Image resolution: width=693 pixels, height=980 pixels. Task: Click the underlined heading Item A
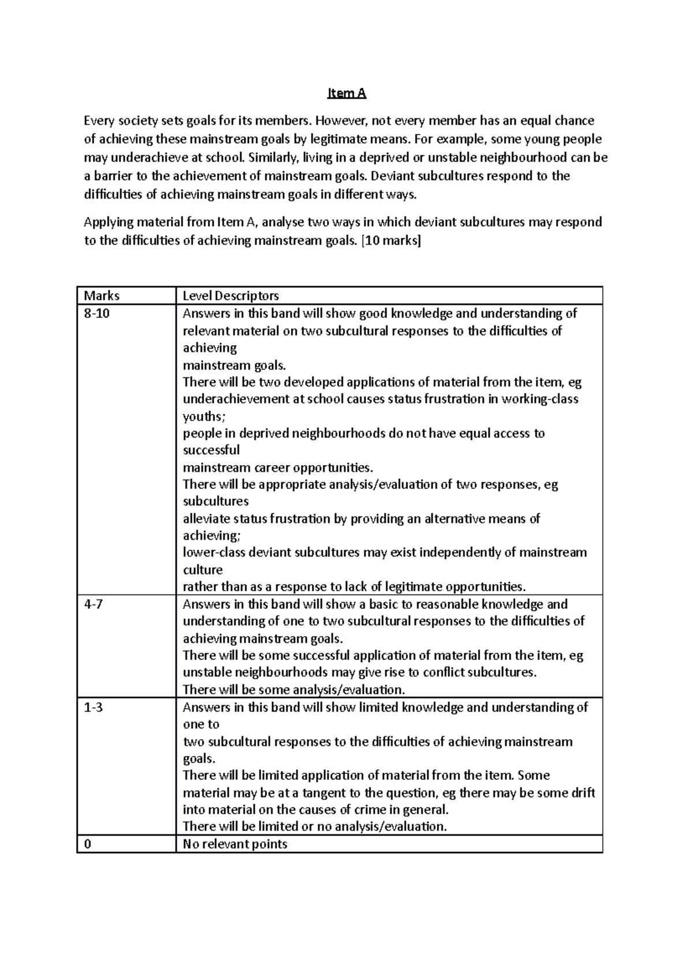click(x=346, y=93)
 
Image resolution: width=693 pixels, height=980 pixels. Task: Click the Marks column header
click(x=102, y=296)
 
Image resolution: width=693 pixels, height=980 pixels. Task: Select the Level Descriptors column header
click(x=230, y=296)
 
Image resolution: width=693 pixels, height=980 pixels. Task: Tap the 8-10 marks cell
click(x=96, y=313)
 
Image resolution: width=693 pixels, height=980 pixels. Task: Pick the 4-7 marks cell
click(x=94, y=604)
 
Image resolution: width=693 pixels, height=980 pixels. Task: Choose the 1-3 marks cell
click(x=94, y=707)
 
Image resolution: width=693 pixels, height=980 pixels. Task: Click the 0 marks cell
click(x=88, y=844)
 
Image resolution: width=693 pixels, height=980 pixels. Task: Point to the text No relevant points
click(x=234, y=844)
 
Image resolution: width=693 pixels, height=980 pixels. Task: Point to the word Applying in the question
click(x=109, y=222)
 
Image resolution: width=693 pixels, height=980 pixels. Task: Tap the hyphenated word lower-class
click(x=213, y=552)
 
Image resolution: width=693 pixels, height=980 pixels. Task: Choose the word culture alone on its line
click(x=202, y=570)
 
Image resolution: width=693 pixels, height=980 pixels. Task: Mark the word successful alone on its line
click(x=211, y=450)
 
